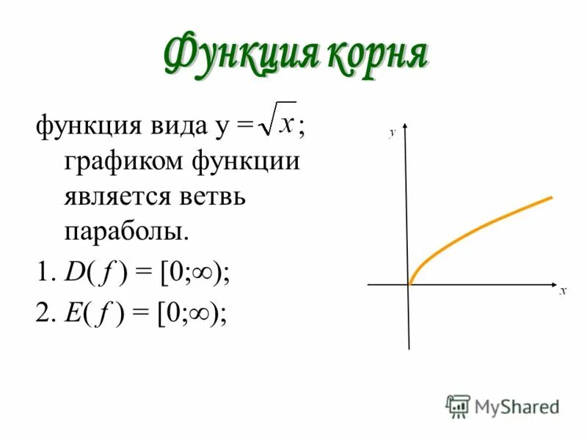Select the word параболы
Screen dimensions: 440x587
(126, 232)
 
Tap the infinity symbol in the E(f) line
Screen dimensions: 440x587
(200, 313)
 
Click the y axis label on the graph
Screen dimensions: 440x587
(393, 132)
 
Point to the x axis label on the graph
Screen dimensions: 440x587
(563, 291)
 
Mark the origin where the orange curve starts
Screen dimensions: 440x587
(409, 284)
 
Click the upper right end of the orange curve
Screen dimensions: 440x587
(550, 197)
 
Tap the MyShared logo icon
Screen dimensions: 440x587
(458, 406)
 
